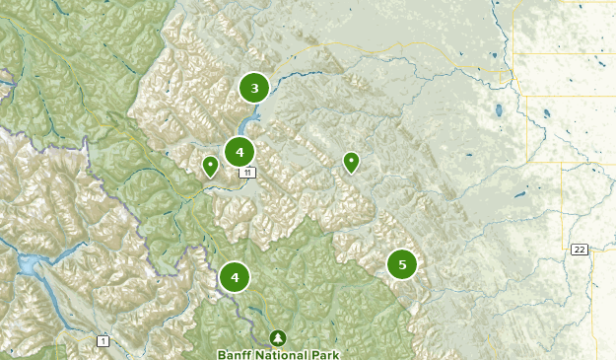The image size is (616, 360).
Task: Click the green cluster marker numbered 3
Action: (x=254, y=89)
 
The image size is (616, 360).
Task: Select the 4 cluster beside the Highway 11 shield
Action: (x=240, y=152)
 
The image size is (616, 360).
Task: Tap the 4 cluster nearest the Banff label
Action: (x=235, y=277)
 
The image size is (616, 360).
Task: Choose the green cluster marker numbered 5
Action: (x=401, y=264)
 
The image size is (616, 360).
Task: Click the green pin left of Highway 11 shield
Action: (x=210, y=166)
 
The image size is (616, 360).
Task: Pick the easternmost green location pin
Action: (x=351, y=162)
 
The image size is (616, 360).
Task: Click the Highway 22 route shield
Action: (x=580, y=250)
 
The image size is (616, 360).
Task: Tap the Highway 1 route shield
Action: (x=103, y=340)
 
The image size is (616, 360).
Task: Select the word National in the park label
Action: (x=282, y=353)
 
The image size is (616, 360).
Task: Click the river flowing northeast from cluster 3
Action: (x=296, y=73)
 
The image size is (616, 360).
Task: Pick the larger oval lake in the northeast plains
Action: (x=500, y=110)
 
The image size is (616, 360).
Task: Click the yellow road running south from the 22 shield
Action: (x=592, y=296)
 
